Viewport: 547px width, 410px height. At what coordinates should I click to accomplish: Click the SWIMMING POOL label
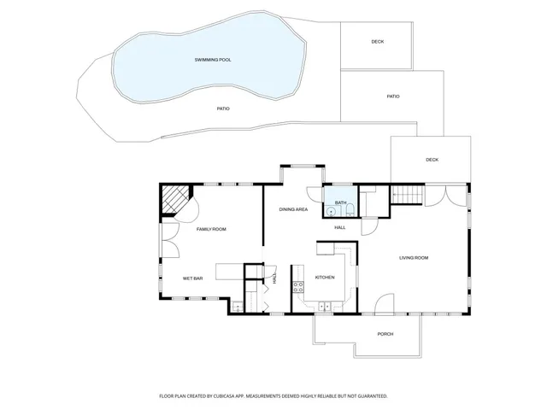[213, 60]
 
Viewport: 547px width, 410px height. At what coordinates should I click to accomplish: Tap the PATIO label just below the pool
[223, 108]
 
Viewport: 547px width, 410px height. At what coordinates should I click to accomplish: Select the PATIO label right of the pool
[393, 97]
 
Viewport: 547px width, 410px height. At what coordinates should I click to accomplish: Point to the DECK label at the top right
[377, 42]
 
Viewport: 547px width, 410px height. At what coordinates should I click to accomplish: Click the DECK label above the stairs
[432, 160]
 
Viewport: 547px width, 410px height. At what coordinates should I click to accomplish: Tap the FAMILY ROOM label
[211, 229]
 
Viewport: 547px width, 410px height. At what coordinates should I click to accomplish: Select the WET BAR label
[192, 278]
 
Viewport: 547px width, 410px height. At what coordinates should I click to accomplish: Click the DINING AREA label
[293, 209]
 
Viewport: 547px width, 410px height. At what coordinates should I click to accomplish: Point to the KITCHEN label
[324, 278]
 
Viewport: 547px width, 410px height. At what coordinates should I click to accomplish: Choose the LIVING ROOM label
[414, 257]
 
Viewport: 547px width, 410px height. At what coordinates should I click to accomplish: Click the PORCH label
[385, 334]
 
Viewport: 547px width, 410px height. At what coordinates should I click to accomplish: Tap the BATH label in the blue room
[340, 202]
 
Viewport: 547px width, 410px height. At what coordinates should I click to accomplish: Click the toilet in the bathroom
[350, 209]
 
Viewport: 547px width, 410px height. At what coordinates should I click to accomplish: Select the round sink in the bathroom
[330, 210]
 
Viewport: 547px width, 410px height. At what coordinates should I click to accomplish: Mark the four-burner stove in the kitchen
[299, 287]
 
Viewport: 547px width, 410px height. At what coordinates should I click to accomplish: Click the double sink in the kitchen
[325, 306]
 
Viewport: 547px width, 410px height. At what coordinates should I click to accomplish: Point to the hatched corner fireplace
[175, 202]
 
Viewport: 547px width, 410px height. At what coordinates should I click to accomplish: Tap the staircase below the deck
[408, 195]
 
